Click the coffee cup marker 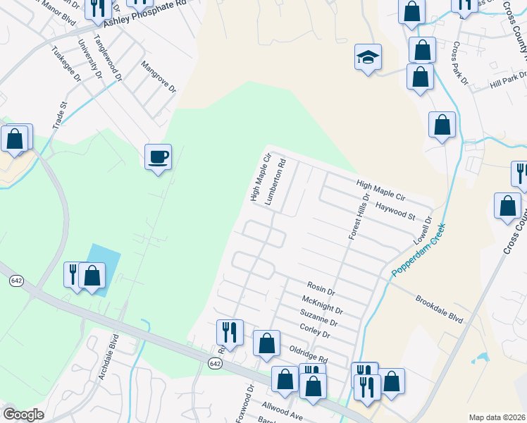158,157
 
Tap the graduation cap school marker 367,57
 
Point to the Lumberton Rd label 275,181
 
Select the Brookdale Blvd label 439,308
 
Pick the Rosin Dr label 321,288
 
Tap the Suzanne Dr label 318,318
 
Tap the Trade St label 59,115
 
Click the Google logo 23,415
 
